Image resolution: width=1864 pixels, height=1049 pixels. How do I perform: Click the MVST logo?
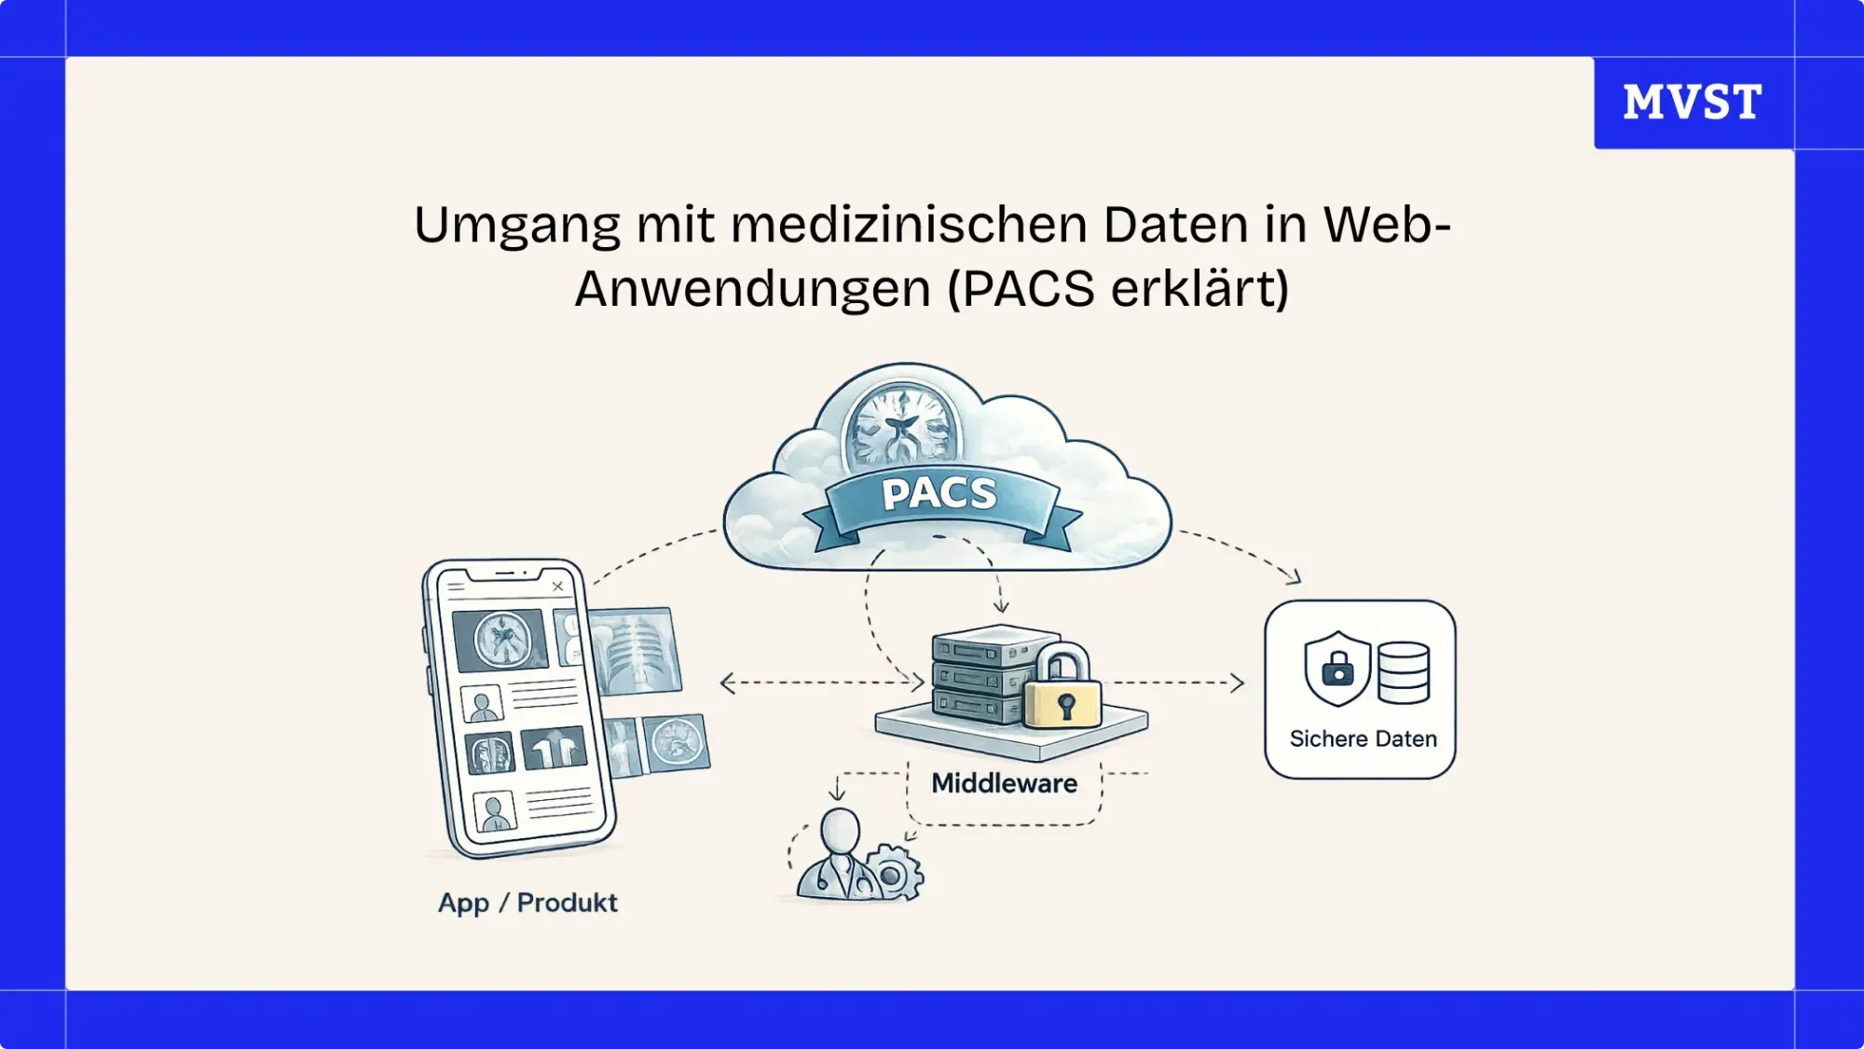pos(1693,102)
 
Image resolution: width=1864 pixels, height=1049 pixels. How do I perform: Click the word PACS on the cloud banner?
pos(939,493)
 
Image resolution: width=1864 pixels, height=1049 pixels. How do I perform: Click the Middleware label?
pos(1004,783)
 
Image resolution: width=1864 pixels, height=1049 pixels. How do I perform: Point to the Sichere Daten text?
pos(1363,738)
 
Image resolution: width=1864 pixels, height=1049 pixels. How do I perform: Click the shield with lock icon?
pos(1337,668)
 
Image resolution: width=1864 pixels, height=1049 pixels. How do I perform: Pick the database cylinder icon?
pos(1404,672)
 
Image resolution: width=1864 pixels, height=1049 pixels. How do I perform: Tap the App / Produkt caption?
pos(528,903)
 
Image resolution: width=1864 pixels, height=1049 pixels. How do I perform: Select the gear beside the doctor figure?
pos(893,873)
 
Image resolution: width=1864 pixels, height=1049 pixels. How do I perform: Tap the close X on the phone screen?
pos(557,587)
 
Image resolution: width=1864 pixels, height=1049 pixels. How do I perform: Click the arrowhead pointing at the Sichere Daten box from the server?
pos(1237,683)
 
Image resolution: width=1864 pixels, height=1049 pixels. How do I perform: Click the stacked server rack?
pos(979,676)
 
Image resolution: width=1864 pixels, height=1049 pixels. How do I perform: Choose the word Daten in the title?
pos(1175,226)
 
